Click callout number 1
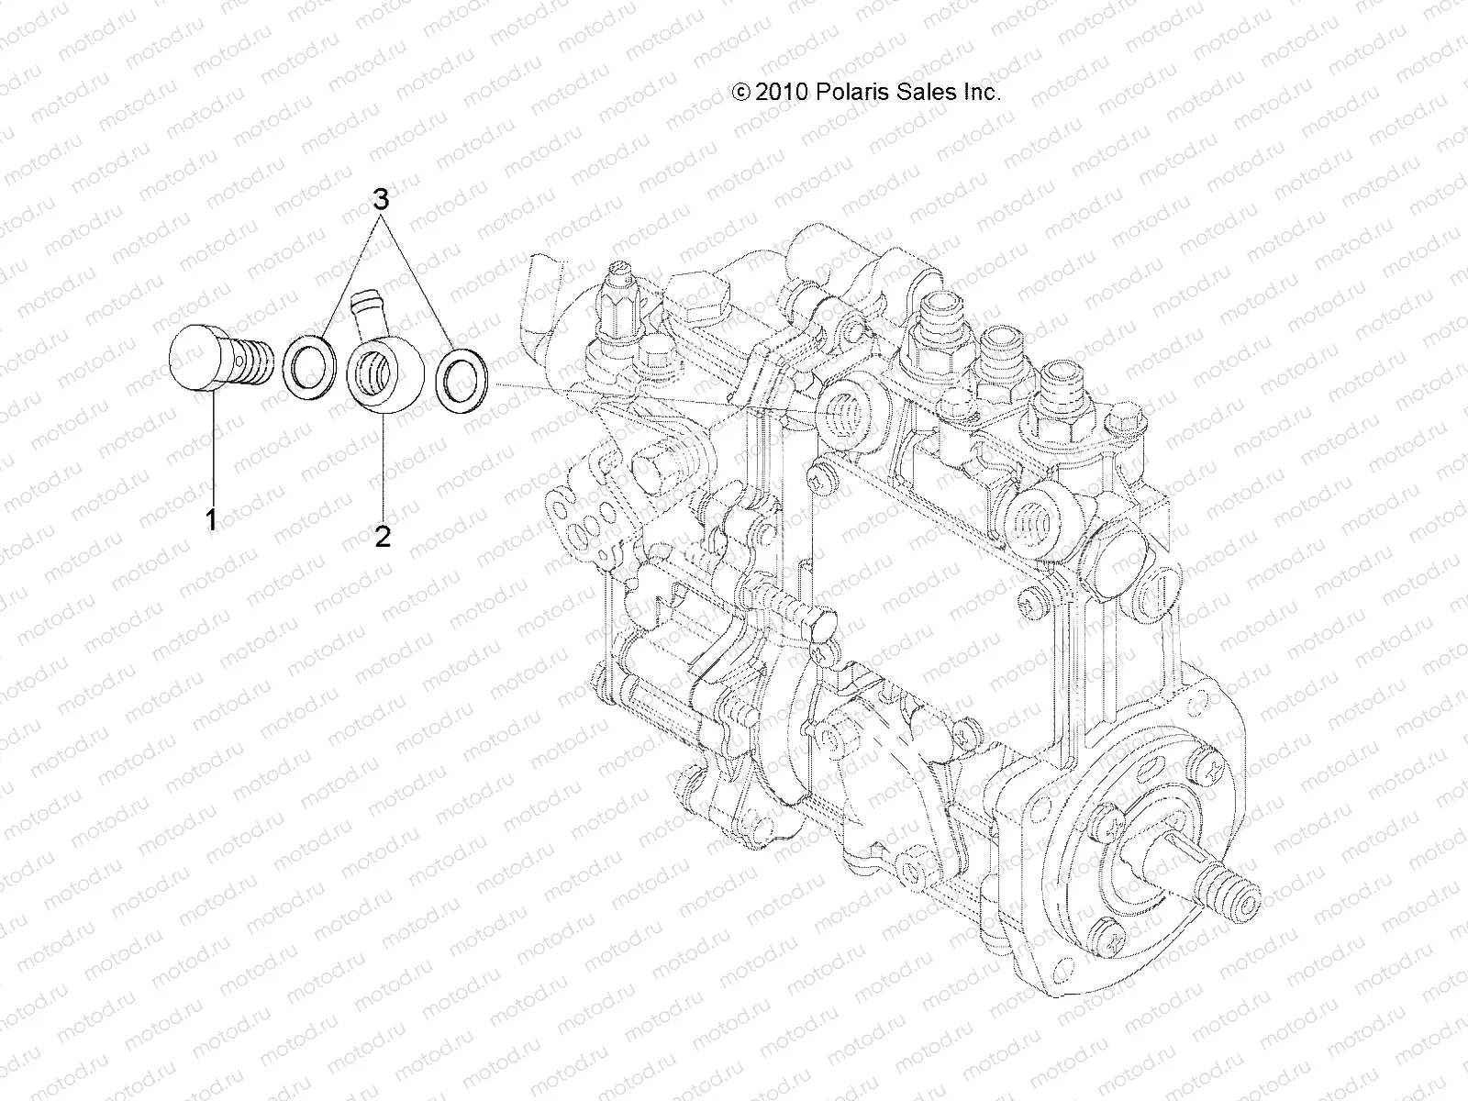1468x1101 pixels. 211,520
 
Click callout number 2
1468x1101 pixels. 383,535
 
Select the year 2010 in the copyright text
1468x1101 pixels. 781,92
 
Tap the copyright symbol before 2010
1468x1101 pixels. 741,92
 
